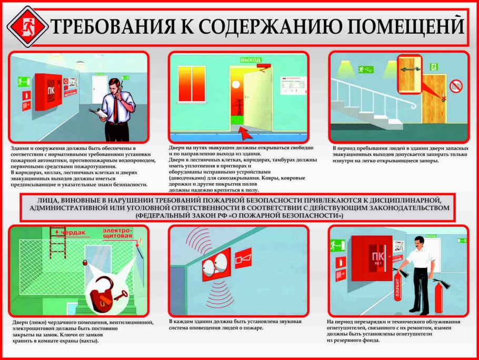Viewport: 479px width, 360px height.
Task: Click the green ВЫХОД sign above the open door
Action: click(251, 60)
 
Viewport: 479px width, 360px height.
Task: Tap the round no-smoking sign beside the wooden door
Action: click(456, 86)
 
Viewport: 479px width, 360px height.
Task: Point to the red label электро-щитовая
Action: click(117, 234)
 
